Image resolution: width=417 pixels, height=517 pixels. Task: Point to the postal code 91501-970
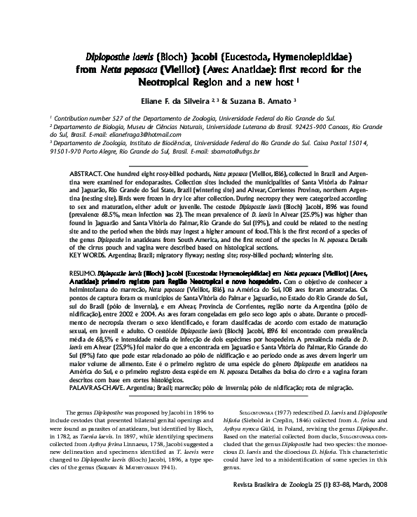pyautogui.click(x=67, y=151)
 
